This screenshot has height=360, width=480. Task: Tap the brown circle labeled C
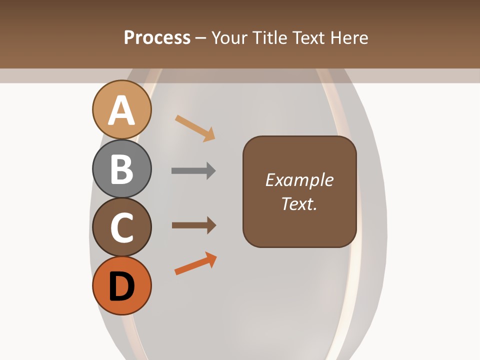(122, 227)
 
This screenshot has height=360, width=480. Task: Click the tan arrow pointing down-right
(195, 128)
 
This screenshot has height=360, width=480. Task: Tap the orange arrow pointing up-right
(195, 263)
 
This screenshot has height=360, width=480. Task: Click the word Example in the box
(299, 180)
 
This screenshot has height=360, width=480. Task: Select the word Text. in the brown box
(299, 203)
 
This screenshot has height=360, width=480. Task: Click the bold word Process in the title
(157, 37)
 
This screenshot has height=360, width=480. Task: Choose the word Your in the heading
(228, 37)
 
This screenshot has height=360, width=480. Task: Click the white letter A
(122, 110)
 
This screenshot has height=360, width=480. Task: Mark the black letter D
(122, 287)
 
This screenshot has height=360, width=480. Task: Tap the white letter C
(122, 228)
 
